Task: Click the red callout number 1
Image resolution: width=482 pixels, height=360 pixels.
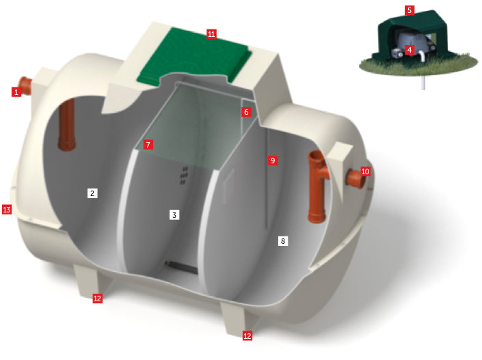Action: coord(16,92)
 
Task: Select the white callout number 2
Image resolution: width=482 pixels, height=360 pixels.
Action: coord(92,193)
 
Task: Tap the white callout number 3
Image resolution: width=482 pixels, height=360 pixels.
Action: coord(174,214)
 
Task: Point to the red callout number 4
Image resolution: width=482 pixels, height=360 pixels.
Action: coord(410,50)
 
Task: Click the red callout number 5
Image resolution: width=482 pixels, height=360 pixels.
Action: coord(410,10)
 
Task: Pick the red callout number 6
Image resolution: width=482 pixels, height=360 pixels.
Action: coord(246,112)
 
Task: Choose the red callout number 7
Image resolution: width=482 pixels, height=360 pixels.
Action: coord(148,144)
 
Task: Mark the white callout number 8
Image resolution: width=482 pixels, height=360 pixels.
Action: coord(283,241)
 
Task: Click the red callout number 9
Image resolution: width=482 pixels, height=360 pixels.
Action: coord(273,161)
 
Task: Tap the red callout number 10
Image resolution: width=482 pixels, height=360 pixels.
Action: coord(365,171)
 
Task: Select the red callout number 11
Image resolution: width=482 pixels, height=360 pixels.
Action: coord(211,33)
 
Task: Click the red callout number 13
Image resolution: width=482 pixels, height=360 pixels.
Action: coord(7,210)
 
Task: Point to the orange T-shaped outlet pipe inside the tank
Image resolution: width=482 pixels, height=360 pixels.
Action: coord(317,186)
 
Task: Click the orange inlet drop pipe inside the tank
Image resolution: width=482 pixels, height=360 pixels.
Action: coord(67,124)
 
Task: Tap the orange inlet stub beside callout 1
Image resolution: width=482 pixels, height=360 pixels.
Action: coord(26,85)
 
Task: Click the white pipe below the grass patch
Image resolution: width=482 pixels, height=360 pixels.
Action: coord(423,82)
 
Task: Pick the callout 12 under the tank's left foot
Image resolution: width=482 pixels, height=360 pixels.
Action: coord(98,299)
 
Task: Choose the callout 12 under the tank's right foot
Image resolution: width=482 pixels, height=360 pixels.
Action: coord(247,335)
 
